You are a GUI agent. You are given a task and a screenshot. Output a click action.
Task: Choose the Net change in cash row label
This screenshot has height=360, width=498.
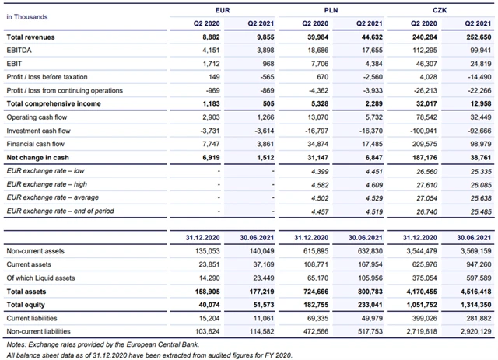coord(36,158)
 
